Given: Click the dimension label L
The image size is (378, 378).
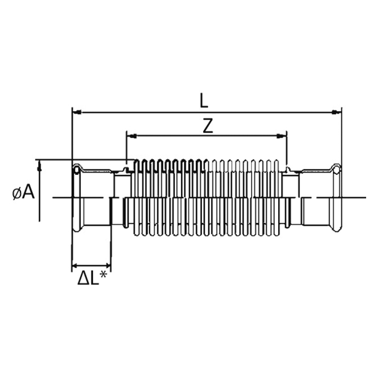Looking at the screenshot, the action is [204, 102].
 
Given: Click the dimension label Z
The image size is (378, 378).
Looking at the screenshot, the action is [208, 126].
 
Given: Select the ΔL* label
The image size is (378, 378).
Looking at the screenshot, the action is [92, 278].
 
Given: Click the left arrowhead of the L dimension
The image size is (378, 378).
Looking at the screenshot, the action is [77, 112].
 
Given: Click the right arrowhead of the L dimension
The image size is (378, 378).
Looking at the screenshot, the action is [337, 112].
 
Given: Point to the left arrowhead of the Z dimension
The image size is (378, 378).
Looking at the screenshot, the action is [131, 136].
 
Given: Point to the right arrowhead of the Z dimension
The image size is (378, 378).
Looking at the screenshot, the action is [282, 136].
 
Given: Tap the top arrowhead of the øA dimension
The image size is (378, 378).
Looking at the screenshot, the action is [39, 166].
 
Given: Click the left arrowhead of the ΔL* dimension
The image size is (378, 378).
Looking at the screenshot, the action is [75, 266].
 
